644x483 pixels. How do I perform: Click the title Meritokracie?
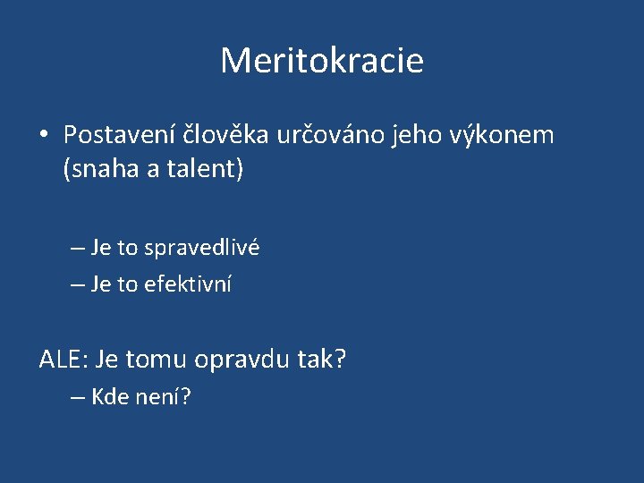[x=322, y=61]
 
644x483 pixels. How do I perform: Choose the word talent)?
[x=207, y=169]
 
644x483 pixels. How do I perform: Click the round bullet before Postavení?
[x=44, y=136]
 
